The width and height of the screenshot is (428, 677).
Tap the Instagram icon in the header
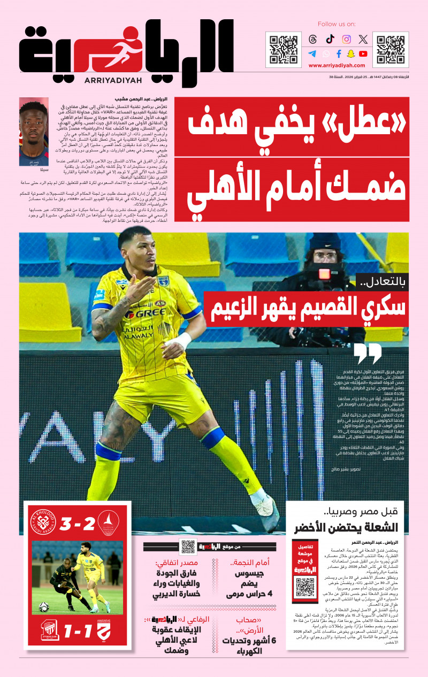(x=347, y=39)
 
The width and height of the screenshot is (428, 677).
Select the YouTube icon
(x=363, y=53)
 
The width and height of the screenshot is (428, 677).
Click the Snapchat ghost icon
(x=351, y=53)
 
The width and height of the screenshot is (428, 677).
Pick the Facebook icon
(x=338, y=53)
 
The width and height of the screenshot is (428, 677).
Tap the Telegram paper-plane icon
(x=312, y=53)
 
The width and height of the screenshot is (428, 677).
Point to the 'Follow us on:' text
(x=337, y=24)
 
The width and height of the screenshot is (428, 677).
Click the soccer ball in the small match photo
(x=44, y=607)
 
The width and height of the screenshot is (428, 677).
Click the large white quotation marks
(x=368, y=353)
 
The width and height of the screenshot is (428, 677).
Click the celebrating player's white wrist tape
(x=182, y=341)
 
